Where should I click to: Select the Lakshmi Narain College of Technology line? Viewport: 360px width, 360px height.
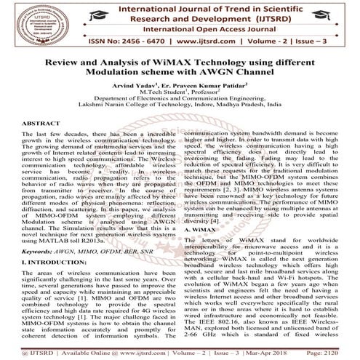point(180,115)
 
